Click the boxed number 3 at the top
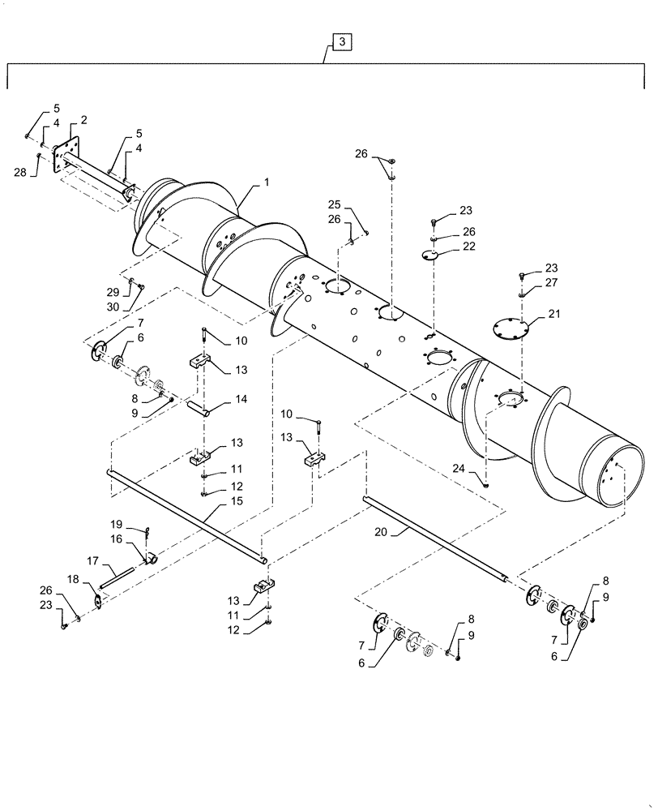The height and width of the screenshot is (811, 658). tap(342, 41)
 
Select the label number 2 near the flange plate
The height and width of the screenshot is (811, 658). tap(83, 120)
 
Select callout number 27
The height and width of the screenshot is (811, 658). tap(553, 282)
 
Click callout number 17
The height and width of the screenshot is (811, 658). tap(93, 560)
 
